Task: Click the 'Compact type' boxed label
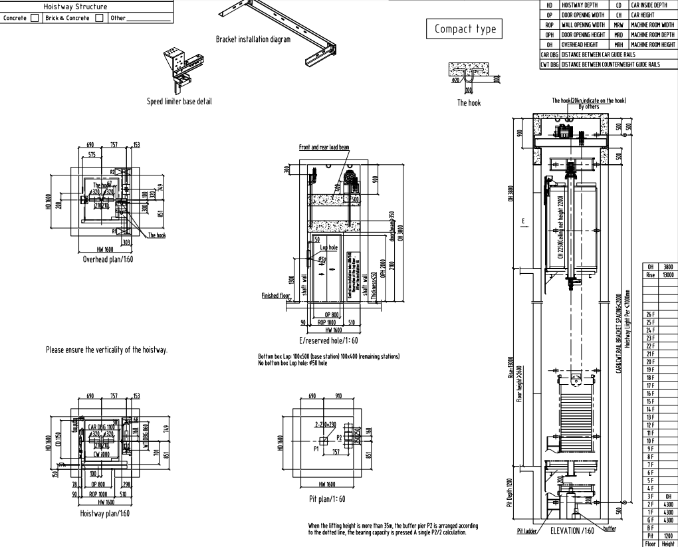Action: click(464, 29)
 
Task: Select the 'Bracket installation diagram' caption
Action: click(253, 39)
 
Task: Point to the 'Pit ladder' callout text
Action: click(526, 532)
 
